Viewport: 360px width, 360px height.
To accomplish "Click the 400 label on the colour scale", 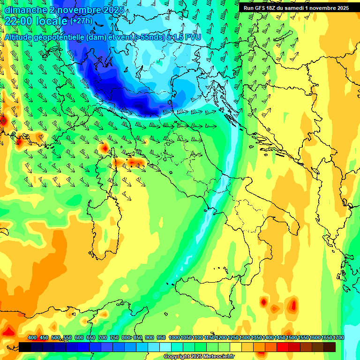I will coord(32,338).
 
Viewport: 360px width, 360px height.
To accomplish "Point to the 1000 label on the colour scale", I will coord(174,338).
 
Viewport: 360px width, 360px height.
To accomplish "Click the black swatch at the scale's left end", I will coord(25,347).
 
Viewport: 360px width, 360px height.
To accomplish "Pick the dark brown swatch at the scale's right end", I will coord(330,347).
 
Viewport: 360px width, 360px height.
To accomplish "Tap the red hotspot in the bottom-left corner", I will coord(8,332).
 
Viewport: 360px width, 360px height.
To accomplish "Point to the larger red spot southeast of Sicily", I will coord(293,306).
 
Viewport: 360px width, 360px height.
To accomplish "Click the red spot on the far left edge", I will coord(3,120).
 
